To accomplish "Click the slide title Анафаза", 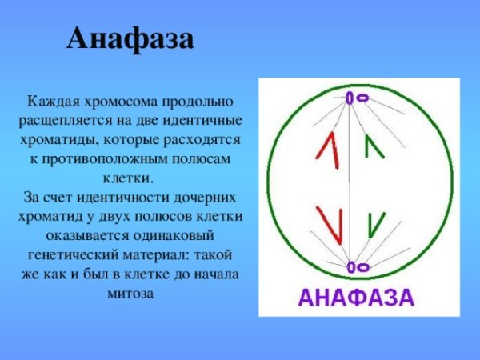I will coord(130,38).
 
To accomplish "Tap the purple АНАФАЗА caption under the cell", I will coord(356,298).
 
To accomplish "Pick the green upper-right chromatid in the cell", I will coord(373,146).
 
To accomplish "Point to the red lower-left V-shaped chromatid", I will coord(330,222).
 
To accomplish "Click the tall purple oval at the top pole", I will coord(350,98).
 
